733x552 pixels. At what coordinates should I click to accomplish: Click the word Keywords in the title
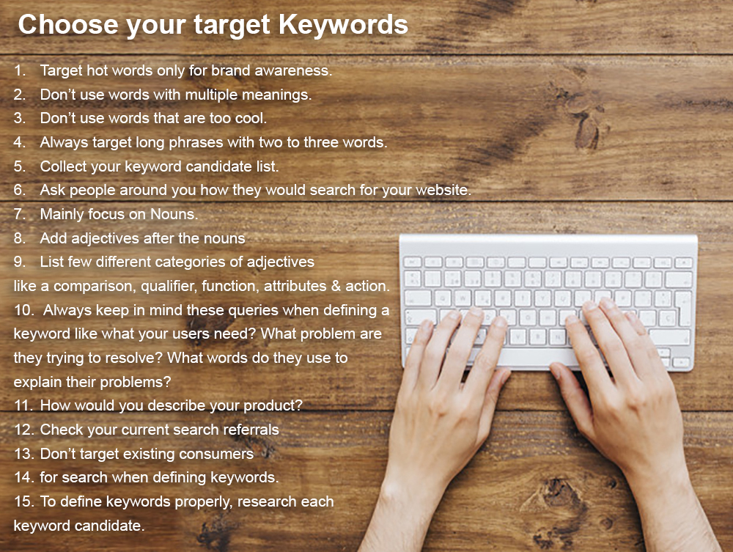(x=343, y=24)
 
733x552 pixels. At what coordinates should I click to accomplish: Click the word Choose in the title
(x=68, y=24)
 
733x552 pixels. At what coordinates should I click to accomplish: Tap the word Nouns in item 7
(x=174, y=214)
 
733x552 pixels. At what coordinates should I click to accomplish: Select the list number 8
(x=20, y=238)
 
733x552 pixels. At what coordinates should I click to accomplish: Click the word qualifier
(x=169, y=286)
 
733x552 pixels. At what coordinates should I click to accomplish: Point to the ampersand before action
(x=336, y=286)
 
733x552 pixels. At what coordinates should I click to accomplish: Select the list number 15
(x=24, y=502)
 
